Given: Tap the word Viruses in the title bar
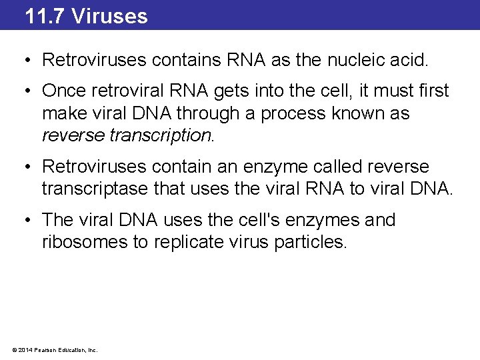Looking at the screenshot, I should pos(109,15).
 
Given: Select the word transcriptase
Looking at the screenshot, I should pos(106,189).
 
